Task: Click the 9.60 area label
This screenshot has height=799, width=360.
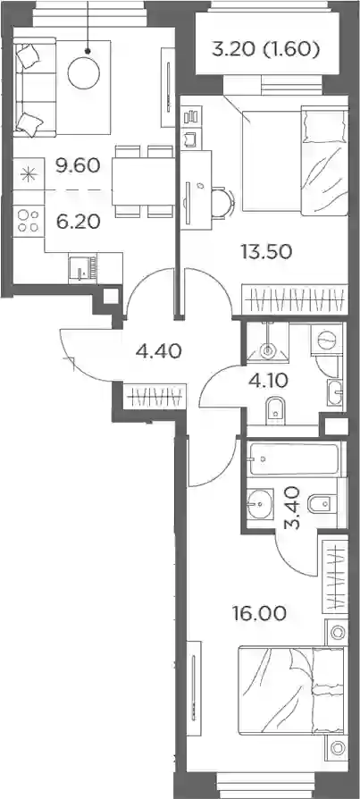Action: tap(78, 166)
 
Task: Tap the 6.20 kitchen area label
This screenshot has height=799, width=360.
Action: tap(78, 223)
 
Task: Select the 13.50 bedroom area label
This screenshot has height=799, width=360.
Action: tap(265, 251)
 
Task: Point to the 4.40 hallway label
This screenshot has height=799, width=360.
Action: tap(158, 351)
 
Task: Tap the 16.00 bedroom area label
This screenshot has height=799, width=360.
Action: tap(259, 613)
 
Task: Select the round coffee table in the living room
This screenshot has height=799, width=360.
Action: tap(83, 73)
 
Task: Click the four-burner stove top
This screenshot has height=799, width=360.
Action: tap(29, 221)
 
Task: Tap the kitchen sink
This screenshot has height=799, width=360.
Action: tap(82, 268)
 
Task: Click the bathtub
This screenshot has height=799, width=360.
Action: tap(292, 459)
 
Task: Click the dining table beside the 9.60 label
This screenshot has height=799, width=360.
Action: tap(143, 181)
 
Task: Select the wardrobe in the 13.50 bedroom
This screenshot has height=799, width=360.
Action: tap(294, 299)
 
